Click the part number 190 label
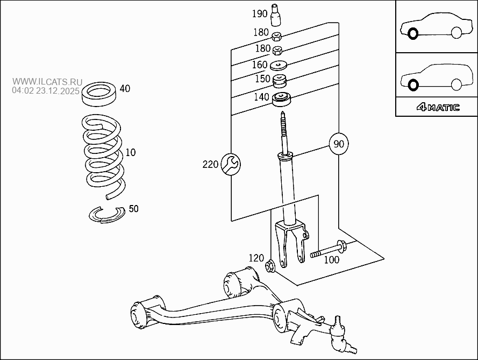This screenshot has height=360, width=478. pos(260,13)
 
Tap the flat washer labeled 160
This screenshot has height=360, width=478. pos(278,65)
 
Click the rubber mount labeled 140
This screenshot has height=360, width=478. pos(281,100)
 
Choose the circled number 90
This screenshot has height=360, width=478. pos(339,144)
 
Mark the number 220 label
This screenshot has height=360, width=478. pos(211,164)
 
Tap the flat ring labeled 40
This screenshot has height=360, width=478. pos(99,93)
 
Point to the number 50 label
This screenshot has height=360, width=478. pos(133,209)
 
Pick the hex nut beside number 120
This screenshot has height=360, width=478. pos(271,265)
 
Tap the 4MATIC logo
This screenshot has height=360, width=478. pos(438,107)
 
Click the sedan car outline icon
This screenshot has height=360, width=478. pos(436,26)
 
